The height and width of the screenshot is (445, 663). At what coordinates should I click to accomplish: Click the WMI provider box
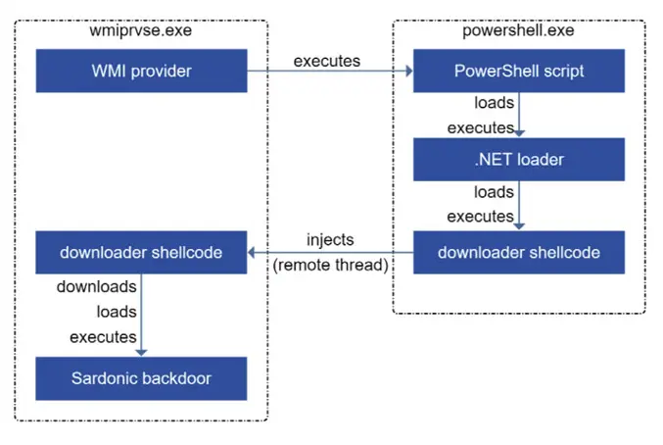pyautogui.click(x=141, y=71)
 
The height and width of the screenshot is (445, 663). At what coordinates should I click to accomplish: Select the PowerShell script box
pyautogui.click(x=519, y=71)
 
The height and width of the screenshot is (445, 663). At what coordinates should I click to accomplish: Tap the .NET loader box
pyautogui.click(x=519, y=160)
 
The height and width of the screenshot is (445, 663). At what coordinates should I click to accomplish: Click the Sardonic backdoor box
pyautogui.click(x=141, y=378)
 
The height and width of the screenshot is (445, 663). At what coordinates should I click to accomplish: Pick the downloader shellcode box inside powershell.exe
pyautogui.click(x=519, y=253)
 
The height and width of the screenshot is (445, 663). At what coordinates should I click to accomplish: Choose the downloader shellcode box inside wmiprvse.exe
pyautogui.click(x=141, y=253)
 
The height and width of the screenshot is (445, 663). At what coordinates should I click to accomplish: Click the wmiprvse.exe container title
pyautogui.click(x=140, y=30)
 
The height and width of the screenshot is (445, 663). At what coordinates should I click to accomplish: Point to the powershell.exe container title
pyautogui.click(x=518, y=30)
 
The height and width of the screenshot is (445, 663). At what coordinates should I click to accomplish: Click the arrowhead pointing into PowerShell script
pyautogui.click(x=409, y=71)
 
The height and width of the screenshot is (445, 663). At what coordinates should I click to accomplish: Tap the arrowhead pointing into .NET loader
pyautogui.click(x=519, y=133)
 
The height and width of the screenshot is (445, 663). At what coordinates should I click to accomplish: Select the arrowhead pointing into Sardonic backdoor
pyautogui.click(x=141, y=353)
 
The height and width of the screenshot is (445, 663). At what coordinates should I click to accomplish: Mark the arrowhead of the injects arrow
pyautogui.click(x=251, y=253)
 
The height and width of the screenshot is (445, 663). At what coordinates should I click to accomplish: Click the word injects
pyautogui.click(x=330, y=240)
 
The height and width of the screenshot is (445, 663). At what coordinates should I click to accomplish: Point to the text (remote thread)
pyautogui.click(x=330, y=266)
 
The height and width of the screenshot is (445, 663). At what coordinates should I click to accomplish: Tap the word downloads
pyautogui.click(x=96, y=287)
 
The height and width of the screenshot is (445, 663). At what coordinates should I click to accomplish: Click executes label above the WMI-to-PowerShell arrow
pyautogui.click(x=327, y=62)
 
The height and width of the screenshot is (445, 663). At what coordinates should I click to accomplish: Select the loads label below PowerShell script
pyautogui.click(x=494, y=103)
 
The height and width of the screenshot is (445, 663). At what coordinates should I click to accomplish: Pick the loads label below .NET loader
pyautogui.click(x=494, y=192)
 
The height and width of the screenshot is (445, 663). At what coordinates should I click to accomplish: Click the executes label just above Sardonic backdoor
pyautogui.click(x=103, y=337)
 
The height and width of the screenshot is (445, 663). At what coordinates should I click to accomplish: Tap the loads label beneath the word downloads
pyautogui.click(x=117, y=312)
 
